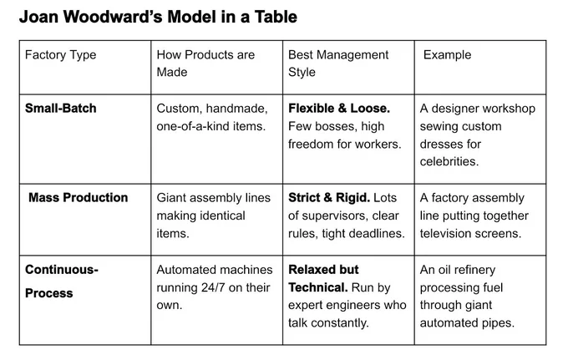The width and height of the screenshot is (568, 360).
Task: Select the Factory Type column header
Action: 60,54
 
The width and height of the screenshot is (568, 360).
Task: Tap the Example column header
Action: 448,54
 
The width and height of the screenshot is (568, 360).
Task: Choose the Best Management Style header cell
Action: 338,63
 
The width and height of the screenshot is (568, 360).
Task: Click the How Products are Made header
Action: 205,63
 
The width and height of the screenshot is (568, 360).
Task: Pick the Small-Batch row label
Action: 60,108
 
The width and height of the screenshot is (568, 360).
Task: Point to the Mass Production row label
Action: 79,197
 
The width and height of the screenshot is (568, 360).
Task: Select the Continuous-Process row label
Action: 62,281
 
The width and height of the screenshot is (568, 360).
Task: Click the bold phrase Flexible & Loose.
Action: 339,108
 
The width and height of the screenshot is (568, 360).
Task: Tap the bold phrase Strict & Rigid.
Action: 329,197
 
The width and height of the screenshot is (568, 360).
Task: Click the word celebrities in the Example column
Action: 449,161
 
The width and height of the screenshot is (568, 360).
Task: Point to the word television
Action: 446,233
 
